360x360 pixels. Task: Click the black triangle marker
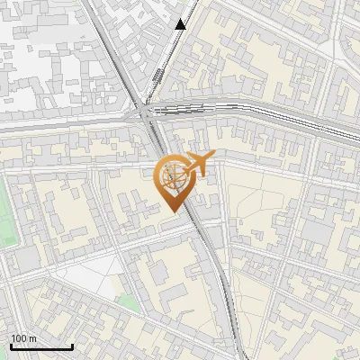pyautogui.click(x=181, y=24)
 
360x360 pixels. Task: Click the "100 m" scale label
pyautogui.click(x=24, y=338)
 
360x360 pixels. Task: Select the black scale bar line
pyautogui.click(x=41, y=346)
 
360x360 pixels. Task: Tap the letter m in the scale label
pyautogui.click(x=32, y=338)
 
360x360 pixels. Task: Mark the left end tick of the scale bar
pyautogui.click(x=11, y=345)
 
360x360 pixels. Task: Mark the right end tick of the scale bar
pyautogui.click(x=72, y=345)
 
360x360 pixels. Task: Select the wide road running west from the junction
pyautogui.click(x=63, y=124)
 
